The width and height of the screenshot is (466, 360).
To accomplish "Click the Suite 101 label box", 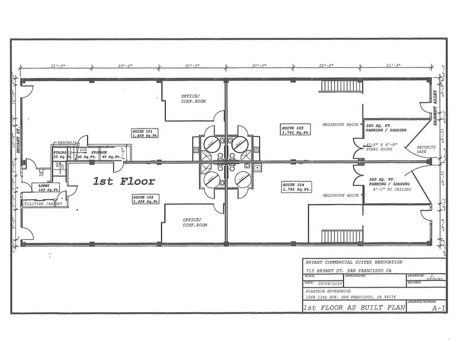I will [145, 133].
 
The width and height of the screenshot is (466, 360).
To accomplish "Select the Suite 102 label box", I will [145, 199].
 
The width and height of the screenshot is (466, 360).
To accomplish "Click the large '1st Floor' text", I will [124, 181].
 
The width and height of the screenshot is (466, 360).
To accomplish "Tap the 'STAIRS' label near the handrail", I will [60, 152].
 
